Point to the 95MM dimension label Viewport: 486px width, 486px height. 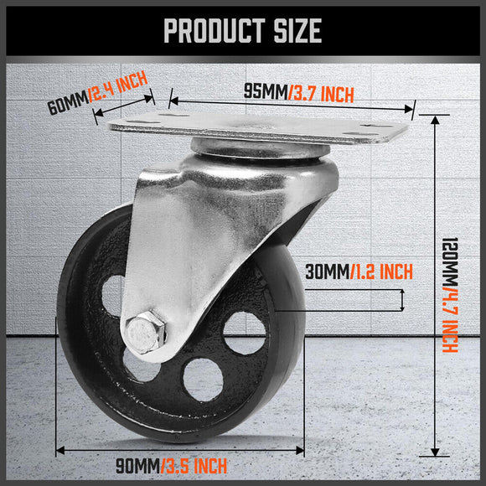263,91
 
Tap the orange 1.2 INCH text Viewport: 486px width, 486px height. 384,272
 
